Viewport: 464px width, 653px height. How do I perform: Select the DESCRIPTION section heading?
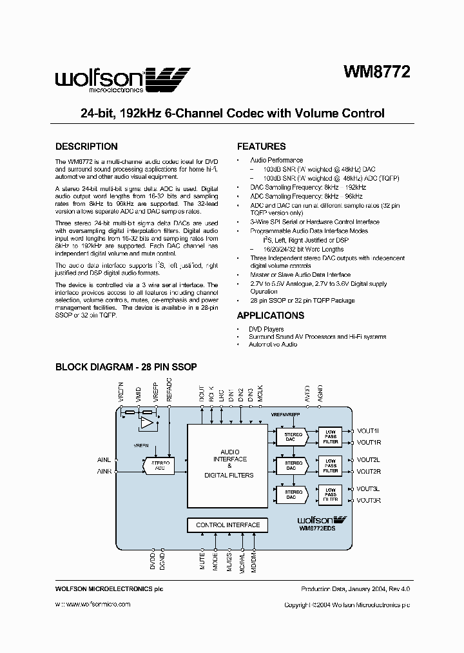point(86,146)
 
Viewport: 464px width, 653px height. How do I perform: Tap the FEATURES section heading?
point(261,146)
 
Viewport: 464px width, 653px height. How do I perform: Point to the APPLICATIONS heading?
point(271,316)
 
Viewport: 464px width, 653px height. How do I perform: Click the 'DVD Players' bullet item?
point(266,329)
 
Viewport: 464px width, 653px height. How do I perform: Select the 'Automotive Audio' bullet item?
point(273,345)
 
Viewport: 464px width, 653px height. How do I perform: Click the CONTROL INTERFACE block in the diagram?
point(227,525)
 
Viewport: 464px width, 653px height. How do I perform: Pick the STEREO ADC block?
point(160,465)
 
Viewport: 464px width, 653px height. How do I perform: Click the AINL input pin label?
point(104,460)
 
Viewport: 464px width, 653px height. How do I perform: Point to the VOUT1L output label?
point(369,431)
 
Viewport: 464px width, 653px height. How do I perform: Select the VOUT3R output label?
point(369,500)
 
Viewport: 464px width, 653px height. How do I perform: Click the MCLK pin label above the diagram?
point(260,396)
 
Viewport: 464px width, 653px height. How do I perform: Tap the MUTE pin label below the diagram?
point(202,561)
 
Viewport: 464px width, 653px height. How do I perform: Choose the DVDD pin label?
point(153,561)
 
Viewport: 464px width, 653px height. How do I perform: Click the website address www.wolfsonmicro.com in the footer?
point(93,605)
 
